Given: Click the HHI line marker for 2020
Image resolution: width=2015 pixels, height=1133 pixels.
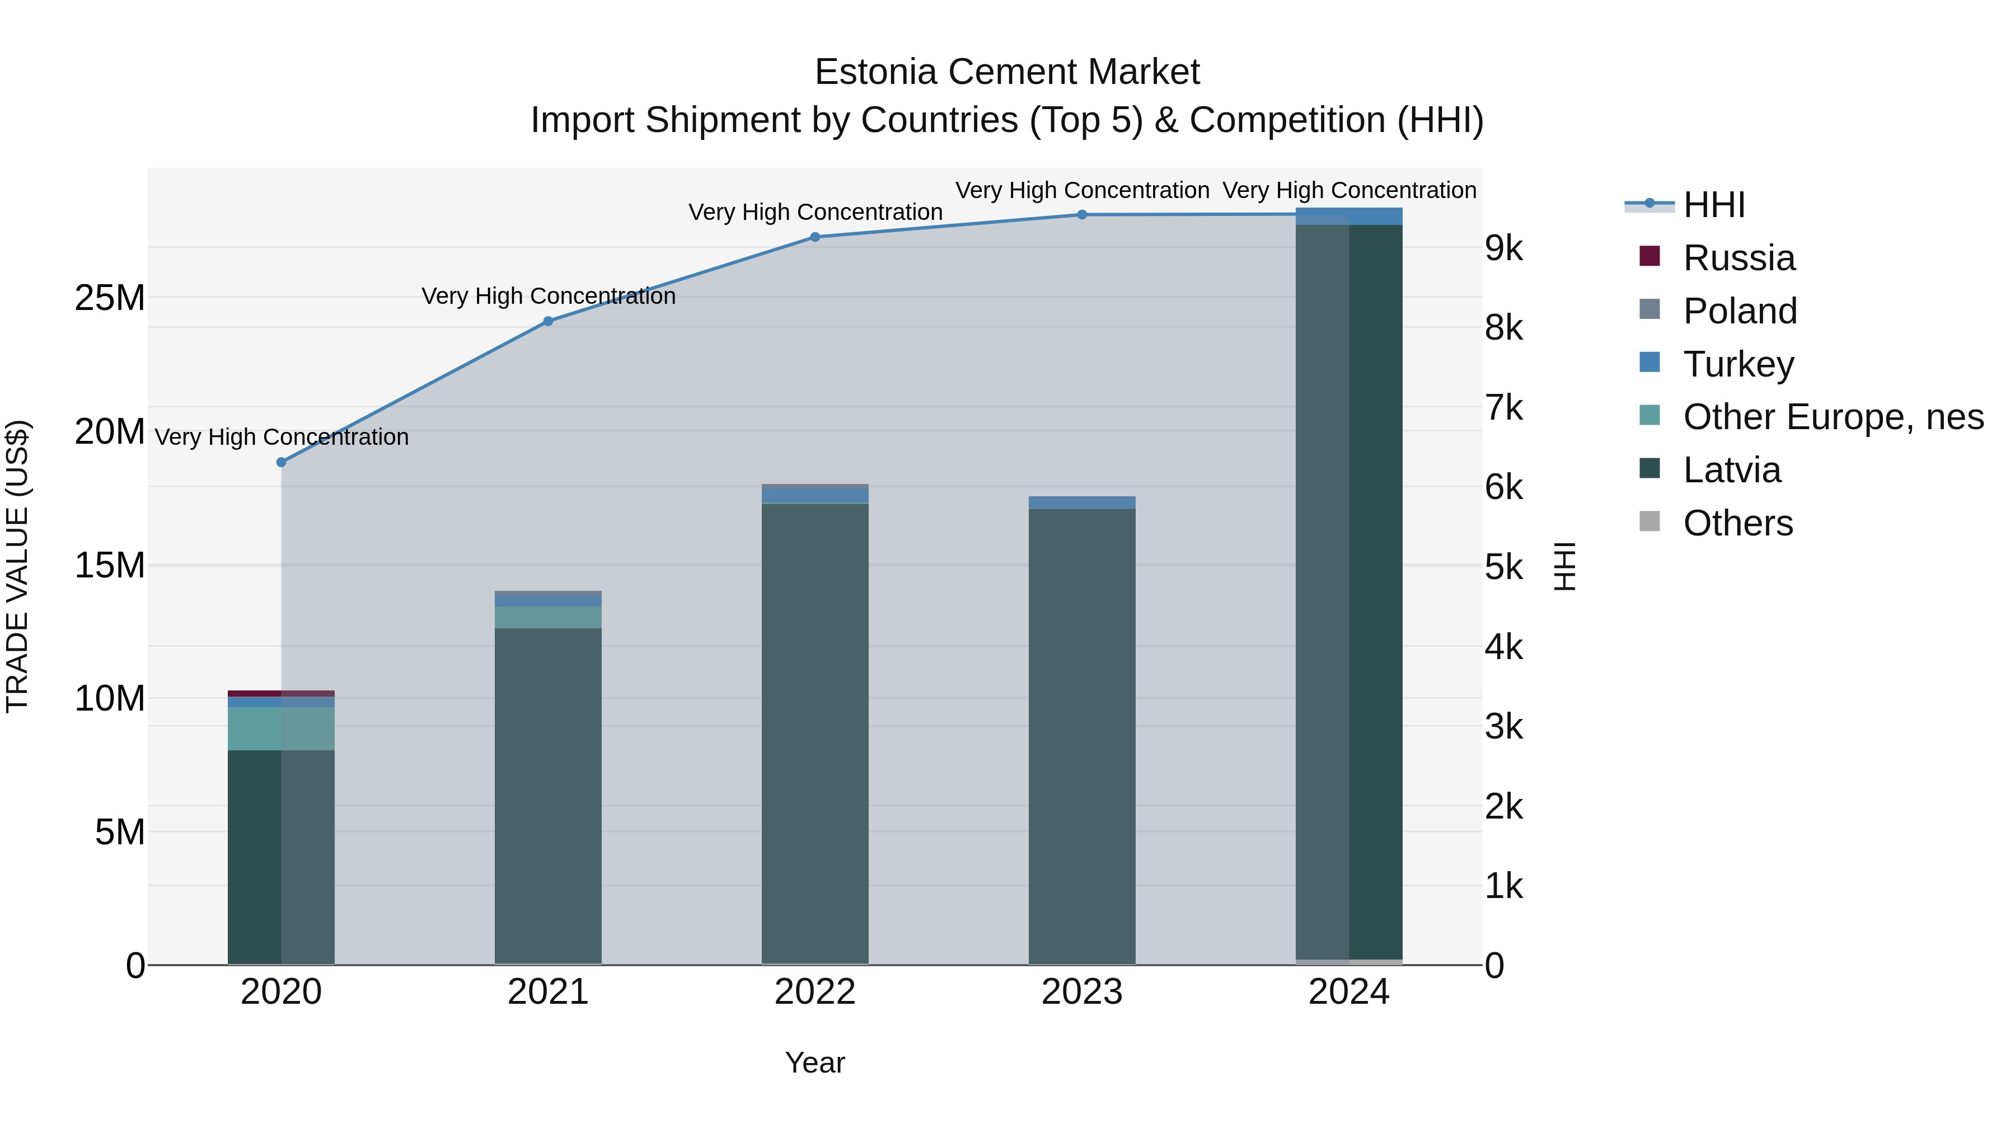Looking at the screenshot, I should coord(282,462).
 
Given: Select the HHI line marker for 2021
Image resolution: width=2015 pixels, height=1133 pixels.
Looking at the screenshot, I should coord(549,321).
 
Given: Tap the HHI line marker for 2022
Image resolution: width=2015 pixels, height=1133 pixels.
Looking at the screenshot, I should coord(815,237).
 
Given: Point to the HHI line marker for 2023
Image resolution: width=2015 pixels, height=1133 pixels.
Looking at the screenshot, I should coord(1082,215).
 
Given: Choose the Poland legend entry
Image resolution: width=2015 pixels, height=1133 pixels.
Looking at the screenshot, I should coord(1740,311).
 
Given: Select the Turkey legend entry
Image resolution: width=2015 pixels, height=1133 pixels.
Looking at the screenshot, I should coord(1738,364).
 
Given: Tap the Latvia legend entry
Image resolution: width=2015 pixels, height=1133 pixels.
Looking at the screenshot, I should coord(1731,471).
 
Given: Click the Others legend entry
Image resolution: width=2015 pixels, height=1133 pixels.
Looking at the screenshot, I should coord(1737,524).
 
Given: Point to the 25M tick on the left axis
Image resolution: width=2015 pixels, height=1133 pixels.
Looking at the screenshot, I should coord(110,298).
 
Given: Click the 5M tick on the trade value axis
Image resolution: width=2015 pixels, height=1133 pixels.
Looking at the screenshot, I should coord(120,833).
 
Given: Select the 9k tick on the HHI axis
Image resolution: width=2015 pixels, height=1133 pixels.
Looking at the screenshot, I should coord(1503,248).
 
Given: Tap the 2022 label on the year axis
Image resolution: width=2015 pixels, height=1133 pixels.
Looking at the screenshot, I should coord(815,992).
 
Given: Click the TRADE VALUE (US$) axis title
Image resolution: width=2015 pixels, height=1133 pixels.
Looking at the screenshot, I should coord(18,566).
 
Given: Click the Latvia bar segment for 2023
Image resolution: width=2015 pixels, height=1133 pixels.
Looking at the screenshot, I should coord(1082,735).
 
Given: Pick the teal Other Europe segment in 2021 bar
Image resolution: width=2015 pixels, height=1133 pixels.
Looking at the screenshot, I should coord(549,617).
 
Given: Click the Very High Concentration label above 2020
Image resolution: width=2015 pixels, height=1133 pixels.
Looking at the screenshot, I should coord(282,437).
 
